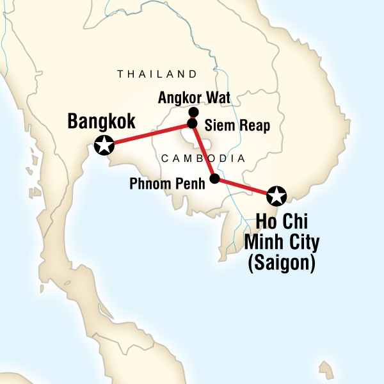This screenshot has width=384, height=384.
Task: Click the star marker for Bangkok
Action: point(104,145)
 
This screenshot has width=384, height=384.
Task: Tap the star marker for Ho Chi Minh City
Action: point(276,194)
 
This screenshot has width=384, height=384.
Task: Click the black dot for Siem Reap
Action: point(191,123)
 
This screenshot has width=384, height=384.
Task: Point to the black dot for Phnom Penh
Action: point(214,179)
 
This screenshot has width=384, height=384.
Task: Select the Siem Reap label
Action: point(234,125)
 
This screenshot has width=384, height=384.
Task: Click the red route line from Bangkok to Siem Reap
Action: point(147,134)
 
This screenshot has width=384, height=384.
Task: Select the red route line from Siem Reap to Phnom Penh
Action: point(203,151)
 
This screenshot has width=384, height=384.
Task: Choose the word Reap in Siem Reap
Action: point(251,125)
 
